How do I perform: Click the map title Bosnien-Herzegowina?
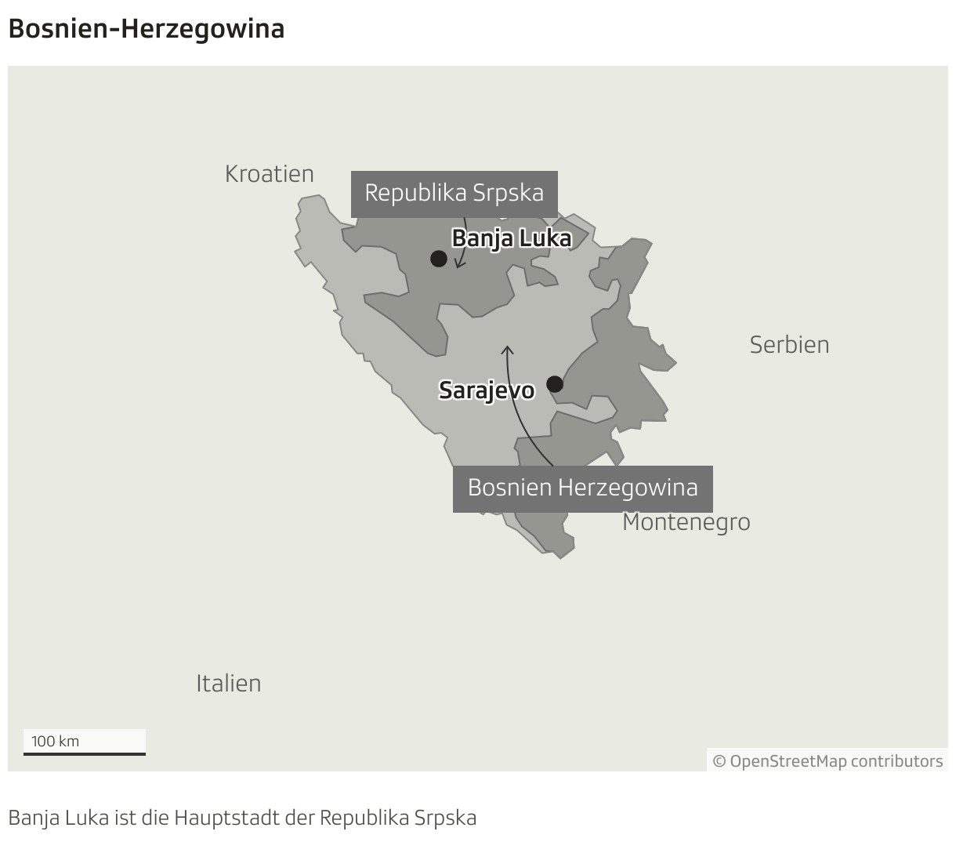pyautogui.click(x=146, y=29)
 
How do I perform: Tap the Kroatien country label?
pyautogui.click(x=269, y=173)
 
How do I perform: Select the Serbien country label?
pyautogui.click(x=789, y=344)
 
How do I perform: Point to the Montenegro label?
pyautogui.click(x=686, y=522)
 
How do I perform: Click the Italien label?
pyautogui.click(x=228, y=683)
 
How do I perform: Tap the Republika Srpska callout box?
pyautogui.click(x=454, y=193)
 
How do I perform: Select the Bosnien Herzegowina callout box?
pyautogui.click(x=582, y=488)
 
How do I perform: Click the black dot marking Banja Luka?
pyautogui.click(x=439, y=258)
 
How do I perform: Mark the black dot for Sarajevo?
pyautogui.click(x=555, y=384)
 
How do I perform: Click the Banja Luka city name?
pyautogui.click(x=512, y=238)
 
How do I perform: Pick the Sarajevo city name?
pyautogui.click(x=487, y=390)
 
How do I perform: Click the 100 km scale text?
pyautogui.click(x=55, y=741)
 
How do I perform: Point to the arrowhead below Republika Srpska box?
pyautogui.click(x=460, y=265)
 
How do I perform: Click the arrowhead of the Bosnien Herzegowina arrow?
pyautogui.click(x=507, y=349)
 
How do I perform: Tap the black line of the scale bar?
pyautogui.click(x=85, y=754)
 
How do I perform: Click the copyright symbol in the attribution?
pyautogui.click(x=719, y=761)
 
